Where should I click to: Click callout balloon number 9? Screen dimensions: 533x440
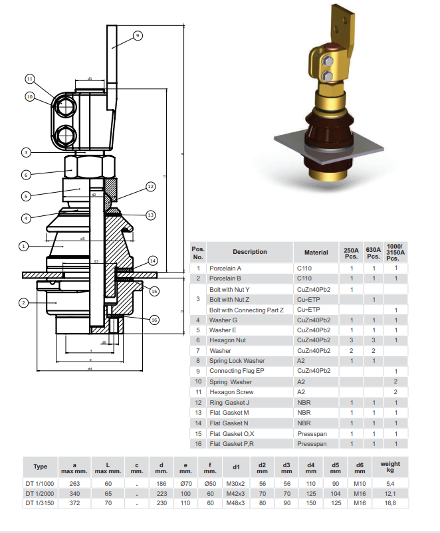point(138,35)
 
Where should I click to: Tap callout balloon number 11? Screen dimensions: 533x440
point(29,78)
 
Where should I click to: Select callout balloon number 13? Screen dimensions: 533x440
point(150,215)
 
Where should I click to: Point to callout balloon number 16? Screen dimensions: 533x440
point(154,320)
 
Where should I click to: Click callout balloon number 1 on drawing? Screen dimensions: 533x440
point(23,246)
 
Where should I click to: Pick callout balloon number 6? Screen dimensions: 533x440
point(26,175)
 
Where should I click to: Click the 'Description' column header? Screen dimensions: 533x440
point(249,252)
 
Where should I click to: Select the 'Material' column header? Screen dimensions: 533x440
point(316,252)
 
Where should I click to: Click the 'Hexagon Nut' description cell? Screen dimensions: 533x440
point(228,340)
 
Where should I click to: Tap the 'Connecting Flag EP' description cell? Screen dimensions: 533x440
point(237,371)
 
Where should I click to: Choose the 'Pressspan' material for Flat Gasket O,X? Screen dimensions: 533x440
point(312,433)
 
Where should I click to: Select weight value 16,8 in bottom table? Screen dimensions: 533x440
point(389,503)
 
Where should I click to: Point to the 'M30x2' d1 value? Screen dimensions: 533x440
point(235,483)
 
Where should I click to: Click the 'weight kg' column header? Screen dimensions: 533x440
point(389,467)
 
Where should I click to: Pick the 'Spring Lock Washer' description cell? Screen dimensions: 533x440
point(238,361)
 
